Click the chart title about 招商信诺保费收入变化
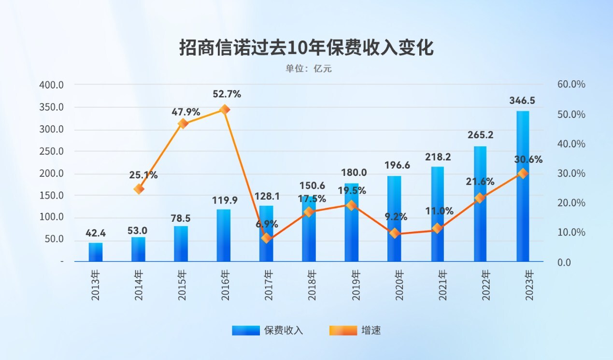[306, 48]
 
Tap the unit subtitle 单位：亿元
[308, 69]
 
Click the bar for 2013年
[96, 252]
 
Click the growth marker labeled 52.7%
[224, 110]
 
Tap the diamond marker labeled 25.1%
[139, 189]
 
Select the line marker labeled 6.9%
[266, 238]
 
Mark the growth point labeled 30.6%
[523, 173]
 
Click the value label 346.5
[522, 101]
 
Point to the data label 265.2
[480, 135]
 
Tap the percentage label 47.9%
[186, 112]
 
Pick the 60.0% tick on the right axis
[571, 85]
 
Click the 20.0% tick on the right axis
[571, 203]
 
